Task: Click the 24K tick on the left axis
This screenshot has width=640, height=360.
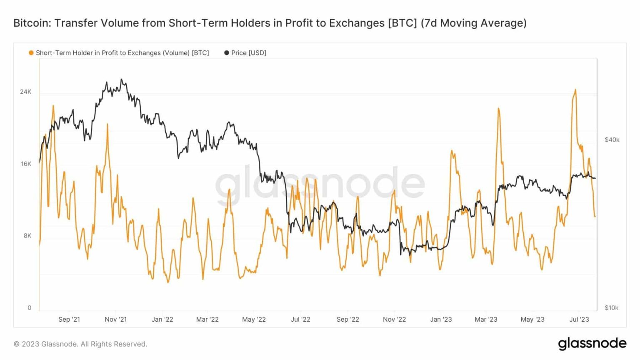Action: (x=25, y=92)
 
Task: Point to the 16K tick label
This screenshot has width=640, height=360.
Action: (x=26, y=164)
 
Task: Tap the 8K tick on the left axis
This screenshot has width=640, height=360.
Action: (x=27, y=236)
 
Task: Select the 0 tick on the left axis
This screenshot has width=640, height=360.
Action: (x=29, y=308)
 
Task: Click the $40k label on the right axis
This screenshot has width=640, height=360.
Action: (x=612, y=140)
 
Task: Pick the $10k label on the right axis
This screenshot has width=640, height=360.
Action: (x=611, y=308)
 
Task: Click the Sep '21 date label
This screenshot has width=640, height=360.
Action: (x=69, y=320)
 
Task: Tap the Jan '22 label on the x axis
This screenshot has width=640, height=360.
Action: (x=162, y=320)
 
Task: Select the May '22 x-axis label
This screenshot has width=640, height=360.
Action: (x=254, y=320)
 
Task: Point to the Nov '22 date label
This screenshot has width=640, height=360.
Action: (x=394, y=320)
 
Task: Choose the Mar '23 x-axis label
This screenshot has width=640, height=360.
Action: (x=486, y=320)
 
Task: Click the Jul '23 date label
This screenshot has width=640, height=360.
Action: (x=579, y=320)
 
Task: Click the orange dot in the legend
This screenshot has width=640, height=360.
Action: (x=31, y=53)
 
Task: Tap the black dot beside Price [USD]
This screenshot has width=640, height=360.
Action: (x=226, y=53)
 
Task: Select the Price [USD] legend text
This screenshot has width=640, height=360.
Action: (x=248, y=53)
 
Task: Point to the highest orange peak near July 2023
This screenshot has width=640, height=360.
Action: (x=575, y=90)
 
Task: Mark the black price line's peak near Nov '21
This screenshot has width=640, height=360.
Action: (x=121, y=79)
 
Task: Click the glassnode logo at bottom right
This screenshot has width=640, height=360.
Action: (x=592, y=343)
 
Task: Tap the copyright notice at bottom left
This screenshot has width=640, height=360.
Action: (x=80, y=344)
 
